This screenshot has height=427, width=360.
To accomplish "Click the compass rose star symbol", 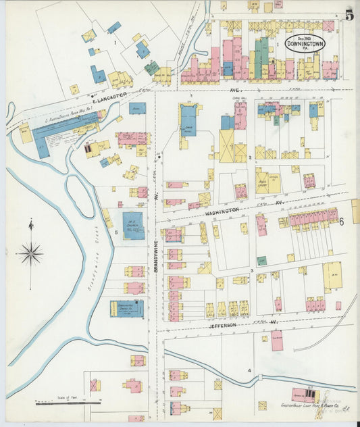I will click(30, 253).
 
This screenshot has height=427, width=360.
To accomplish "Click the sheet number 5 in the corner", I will click(349, 15).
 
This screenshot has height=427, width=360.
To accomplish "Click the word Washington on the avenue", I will click(222, 211).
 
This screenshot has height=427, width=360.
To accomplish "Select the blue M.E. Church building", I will click(132, 226).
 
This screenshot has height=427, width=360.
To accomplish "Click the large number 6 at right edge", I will click(342, 222).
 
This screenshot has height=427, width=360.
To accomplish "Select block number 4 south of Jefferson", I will click(249, 370).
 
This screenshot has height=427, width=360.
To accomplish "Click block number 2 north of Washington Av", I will click(250, 157).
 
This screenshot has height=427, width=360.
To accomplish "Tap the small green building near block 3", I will click(261, 260).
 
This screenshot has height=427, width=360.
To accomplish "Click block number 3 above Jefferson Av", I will click(251, 271).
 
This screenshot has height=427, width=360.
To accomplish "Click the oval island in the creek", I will click(80, 195).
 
